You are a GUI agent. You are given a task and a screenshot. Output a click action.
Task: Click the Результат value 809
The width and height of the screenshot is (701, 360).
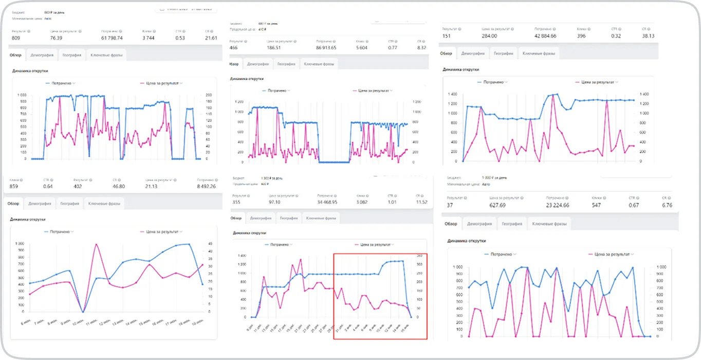[x=16, y=38]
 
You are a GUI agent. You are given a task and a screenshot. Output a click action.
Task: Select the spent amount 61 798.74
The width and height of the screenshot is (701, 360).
[x=112, y=38]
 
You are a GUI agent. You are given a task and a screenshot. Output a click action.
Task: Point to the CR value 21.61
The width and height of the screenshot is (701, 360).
[x=211, y=38]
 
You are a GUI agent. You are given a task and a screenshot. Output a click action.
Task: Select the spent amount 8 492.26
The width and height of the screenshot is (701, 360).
[x=205, y=186]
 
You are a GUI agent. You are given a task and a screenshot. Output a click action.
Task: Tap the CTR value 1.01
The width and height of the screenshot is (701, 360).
[x=393, y=202]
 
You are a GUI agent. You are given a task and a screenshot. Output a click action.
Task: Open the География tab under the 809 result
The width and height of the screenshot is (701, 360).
[x=72, y=55]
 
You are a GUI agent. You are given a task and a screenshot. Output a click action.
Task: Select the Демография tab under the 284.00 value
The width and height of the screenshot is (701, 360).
[x=473, y=53]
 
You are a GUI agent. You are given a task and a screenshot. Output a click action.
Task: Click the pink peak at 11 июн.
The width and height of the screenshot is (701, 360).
[x=96, y=244]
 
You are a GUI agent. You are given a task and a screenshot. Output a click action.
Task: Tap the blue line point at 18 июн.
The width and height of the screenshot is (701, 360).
[x=189, y=244]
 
